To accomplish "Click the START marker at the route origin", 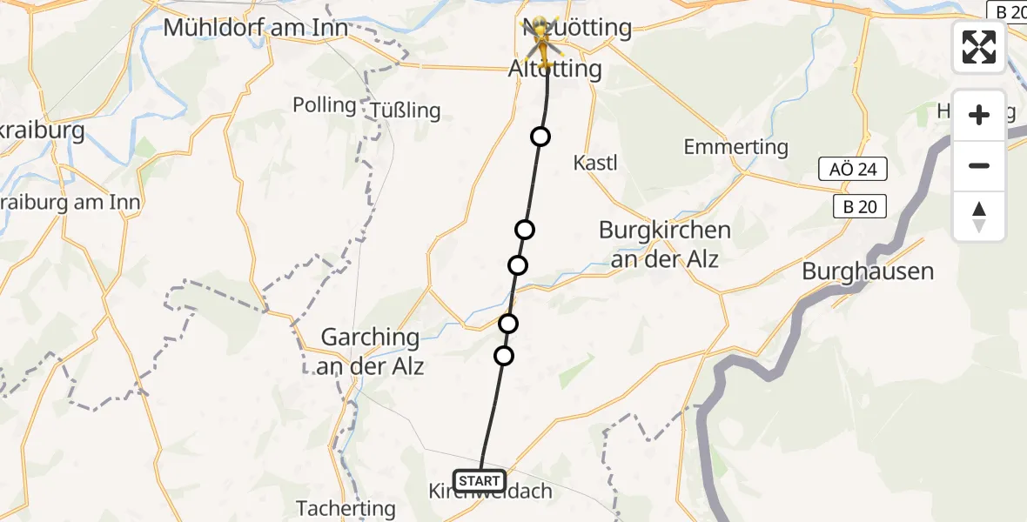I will coord(479,481).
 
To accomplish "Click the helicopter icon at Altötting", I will coord(541,40).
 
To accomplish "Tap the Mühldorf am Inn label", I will coord(256,28).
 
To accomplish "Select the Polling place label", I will coord(325,105).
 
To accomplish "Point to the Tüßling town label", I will coord(406,110).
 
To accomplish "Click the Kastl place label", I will coord(595,162).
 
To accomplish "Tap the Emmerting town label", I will coord(735,147).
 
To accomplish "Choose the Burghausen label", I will coord(867,271).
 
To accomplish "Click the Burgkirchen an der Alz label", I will coord(665,244).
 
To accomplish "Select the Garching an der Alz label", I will coord(373,351).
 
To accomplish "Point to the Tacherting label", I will coord(346,508).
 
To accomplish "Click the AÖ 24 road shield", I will coord(853,170).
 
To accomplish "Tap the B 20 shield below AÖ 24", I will coord(859,206).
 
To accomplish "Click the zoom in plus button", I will coord(979,115).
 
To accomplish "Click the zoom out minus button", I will coord(979,165).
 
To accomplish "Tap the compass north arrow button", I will coord(979,216).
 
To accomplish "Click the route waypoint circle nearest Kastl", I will coord(540,137).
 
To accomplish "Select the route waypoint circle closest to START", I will coord(504,356).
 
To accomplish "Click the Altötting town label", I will coord(555,69).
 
